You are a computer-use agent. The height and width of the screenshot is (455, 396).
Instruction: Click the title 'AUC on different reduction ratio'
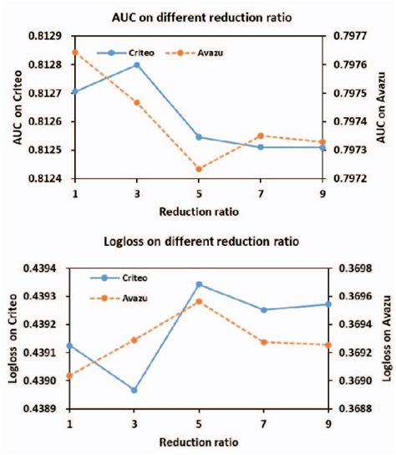coord(197,18)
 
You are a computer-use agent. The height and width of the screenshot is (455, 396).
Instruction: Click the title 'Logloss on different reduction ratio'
coord(197,242)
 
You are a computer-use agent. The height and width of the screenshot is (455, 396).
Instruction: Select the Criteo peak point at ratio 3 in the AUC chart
coord(137,64)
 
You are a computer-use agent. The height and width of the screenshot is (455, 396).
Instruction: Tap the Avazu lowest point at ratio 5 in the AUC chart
coord(199,169)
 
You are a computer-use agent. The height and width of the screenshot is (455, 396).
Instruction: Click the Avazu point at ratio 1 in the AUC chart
coord(75,52)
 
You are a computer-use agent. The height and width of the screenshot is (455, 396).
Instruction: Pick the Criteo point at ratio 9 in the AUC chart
coord(322,147)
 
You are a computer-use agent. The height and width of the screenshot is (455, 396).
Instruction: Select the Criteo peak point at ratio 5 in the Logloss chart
coord(199,284)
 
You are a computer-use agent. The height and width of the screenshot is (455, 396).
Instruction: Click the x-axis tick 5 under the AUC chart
coord(199,192)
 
